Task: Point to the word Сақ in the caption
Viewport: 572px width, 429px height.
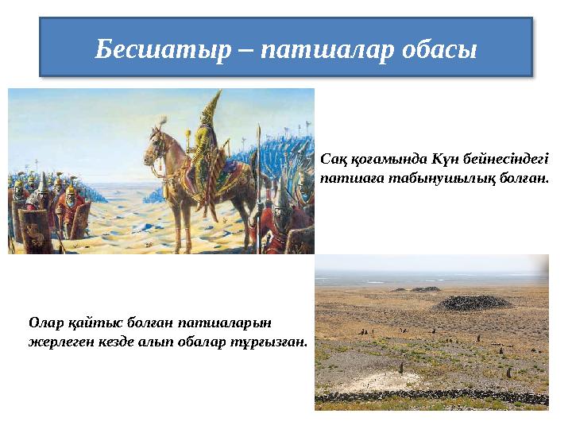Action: click(x=334, y=158)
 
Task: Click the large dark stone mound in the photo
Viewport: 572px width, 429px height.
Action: click(x=472, y=303)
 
